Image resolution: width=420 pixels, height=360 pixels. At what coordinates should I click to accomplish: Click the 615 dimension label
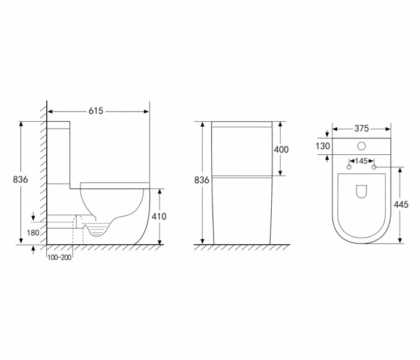(x=96, y=111)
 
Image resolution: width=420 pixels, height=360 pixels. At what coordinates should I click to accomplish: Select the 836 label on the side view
(x=20, y=179)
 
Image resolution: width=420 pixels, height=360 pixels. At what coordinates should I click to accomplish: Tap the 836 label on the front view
(x=202, y=180)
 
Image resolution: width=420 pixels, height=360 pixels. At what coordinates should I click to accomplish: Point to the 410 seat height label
(x=159, y=217)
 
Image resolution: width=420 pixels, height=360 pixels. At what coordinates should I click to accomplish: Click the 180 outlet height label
(x=33, y=233)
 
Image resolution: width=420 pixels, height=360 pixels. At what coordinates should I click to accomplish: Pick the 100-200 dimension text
(x=59, y=257)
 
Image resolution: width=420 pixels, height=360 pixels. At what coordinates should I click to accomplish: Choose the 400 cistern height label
(x=281, y=149)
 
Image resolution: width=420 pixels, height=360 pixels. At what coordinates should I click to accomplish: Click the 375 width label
(x=362, y=128)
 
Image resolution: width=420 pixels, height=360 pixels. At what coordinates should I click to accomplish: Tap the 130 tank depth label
(x=323, y=146)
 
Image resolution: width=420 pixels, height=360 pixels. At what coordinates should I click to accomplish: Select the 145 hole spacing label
(x=361, y=161)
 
